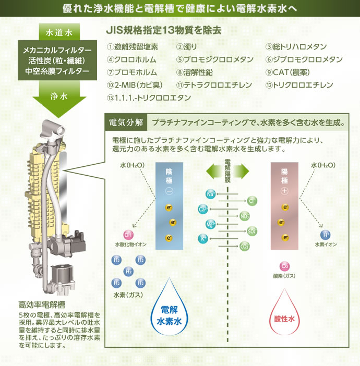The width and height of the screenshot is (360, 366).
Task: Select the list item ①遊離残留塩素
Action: click(x=133, y=46)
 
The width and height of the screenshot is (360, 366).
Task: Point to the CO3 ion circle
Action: click(x=244, y=246)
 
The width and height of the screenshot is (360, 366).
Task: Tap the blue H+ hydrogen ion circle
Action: click(x=326, y=235)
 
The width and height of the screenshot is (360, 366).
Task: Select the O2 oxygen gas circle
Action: click(x=284, y=266)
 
